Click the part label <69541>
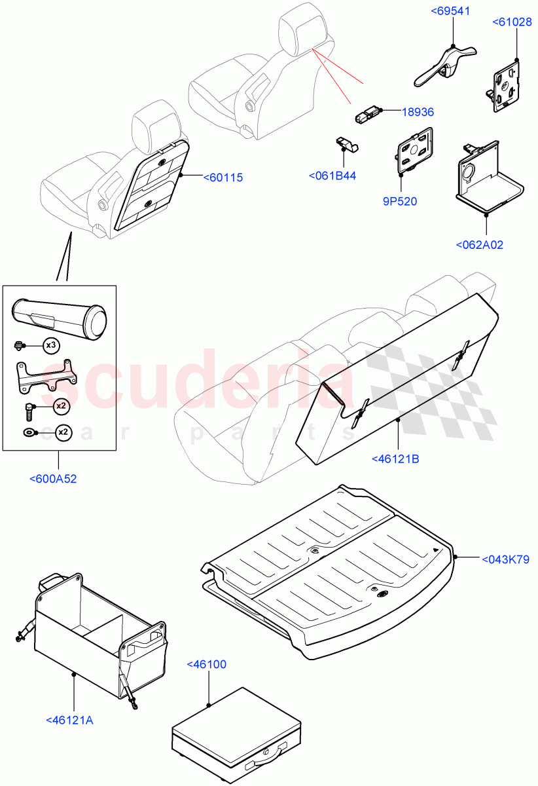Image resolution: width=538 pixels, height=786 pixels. click(x=452, y=12)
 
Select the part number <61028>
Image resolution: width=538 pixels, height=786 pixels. click(x=513, y=22)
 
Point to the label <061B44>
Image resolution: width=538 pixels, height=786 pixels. click(x=332, y=176)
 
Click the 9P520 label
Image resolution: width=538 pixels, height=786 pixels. click(x=401, y=201)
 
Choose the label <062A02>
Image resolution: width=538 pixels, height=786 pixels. click(x=479, y=245)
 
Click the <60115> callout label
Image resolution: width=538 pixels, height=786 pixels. click(x=223, y=178)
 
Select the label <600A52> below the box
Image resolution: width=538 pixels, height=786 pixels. click(x=53, y=479)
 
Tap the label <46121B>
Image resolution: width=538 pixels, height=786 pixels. click(x=395, y=458)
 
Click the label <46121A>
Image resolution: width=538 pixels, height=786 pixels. click(x=70, y=720)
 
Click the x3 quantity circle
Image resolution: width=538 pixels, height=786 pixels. click(x=52, y=345)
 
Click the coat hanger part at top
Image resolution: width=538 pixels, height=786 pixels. click(x=444, y=65)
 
